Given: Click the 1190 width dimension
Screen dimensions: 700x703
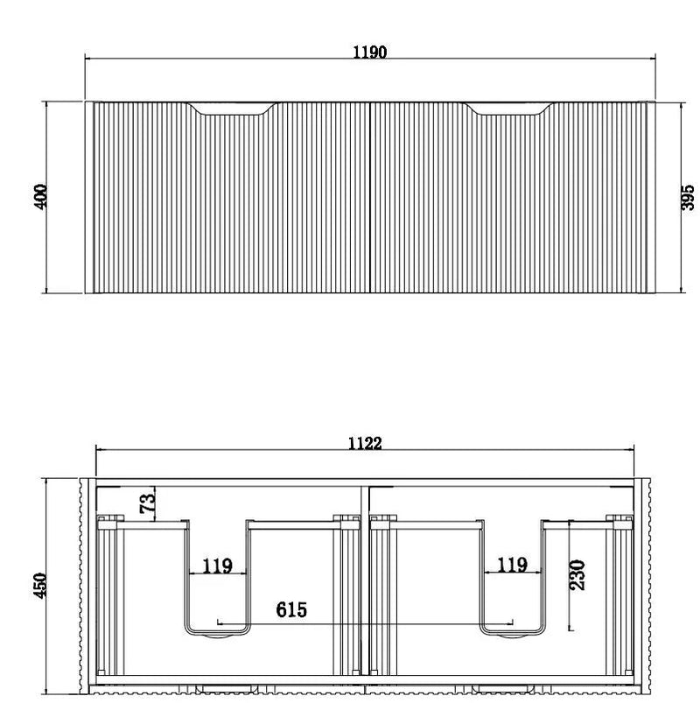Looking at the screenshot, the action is (370, 52).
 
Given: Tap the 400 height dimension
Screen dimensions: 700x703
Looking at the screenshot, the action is (40, 196).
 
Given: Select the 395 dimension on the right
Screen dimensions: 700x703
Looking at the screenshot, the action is (688, 197).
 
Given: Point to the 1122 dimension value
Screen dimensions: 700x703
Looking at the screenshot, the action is (365, 443).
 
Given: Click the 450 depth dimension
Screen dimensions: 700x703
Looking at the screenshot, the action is (40, 585).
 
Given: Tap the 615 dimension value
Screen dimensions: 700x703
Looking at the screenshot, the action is (291, 609).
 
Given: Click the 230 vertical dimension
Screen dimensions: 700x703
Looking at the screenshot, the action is (577, 575).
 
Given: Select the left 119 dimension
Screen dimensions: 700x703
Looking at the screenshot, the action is (217, 566).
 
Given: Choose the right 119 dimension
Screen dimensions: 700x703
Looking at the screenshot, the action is (512, 565).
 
